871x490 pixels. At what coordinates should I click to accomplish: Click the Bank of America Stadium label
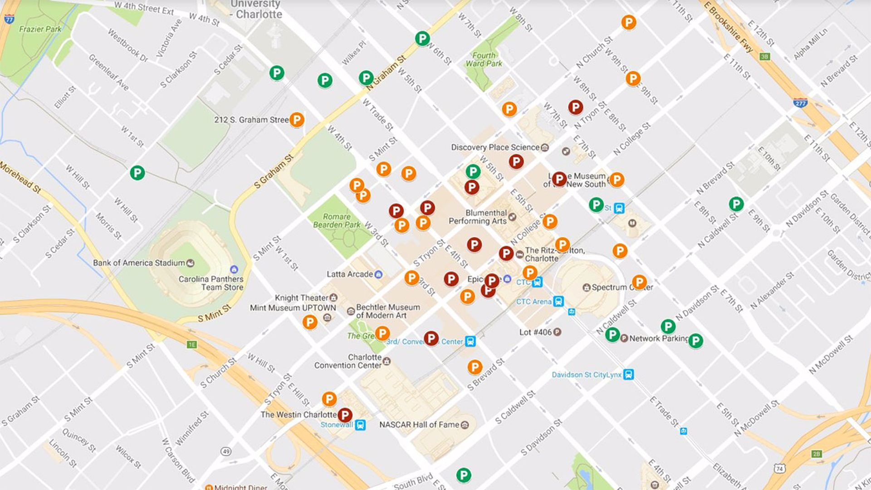coord(139,263)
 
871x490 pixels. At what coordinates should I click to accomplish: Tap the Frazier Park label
coord(40,29)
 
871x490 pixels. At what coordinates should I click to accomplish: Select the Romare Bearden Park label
coord(337,220)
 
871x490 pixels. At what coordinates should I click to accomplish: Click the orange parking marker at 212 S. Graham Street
coord(296,120)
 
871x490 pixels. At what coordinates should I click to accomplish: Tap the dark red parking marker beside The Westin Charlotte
coord(345,415)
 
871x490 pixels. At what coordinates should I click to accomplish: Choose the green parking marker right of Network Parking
coord(695,340)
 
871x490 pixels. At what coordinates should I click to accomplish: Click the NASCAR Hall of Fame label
coord(419,425)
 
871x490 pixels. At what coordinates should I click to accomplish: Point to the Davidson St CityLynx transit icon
coord(628,374)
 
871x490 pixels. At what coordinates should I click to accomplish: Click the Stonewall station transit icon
coord(360,425)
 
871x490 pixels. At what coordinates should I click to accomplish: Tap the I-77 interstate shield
coord(9,19)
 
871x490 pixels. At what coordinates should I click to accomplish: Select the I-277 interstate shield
coord(800,103)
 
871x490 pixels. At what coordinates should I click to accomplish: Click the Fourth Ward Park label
coord(484,59)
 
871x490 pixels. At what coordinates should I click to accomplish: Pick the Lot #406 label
coord(535,332)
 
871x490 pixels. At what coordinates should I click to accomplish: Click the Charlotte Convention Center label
coord(348,361)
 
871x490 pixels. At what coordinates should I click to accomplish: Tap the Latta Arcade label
coord(349,274)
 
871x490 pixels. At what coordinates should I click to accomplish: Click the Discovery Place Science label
coord(495,147)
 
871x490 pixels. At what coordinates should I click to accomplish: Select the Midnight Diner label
coord(240,486)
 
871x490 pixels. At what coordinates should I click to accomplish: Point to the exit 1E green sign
coord(192,345)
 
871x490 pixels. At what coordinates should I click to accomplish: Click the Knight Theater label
coord(301,298)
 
